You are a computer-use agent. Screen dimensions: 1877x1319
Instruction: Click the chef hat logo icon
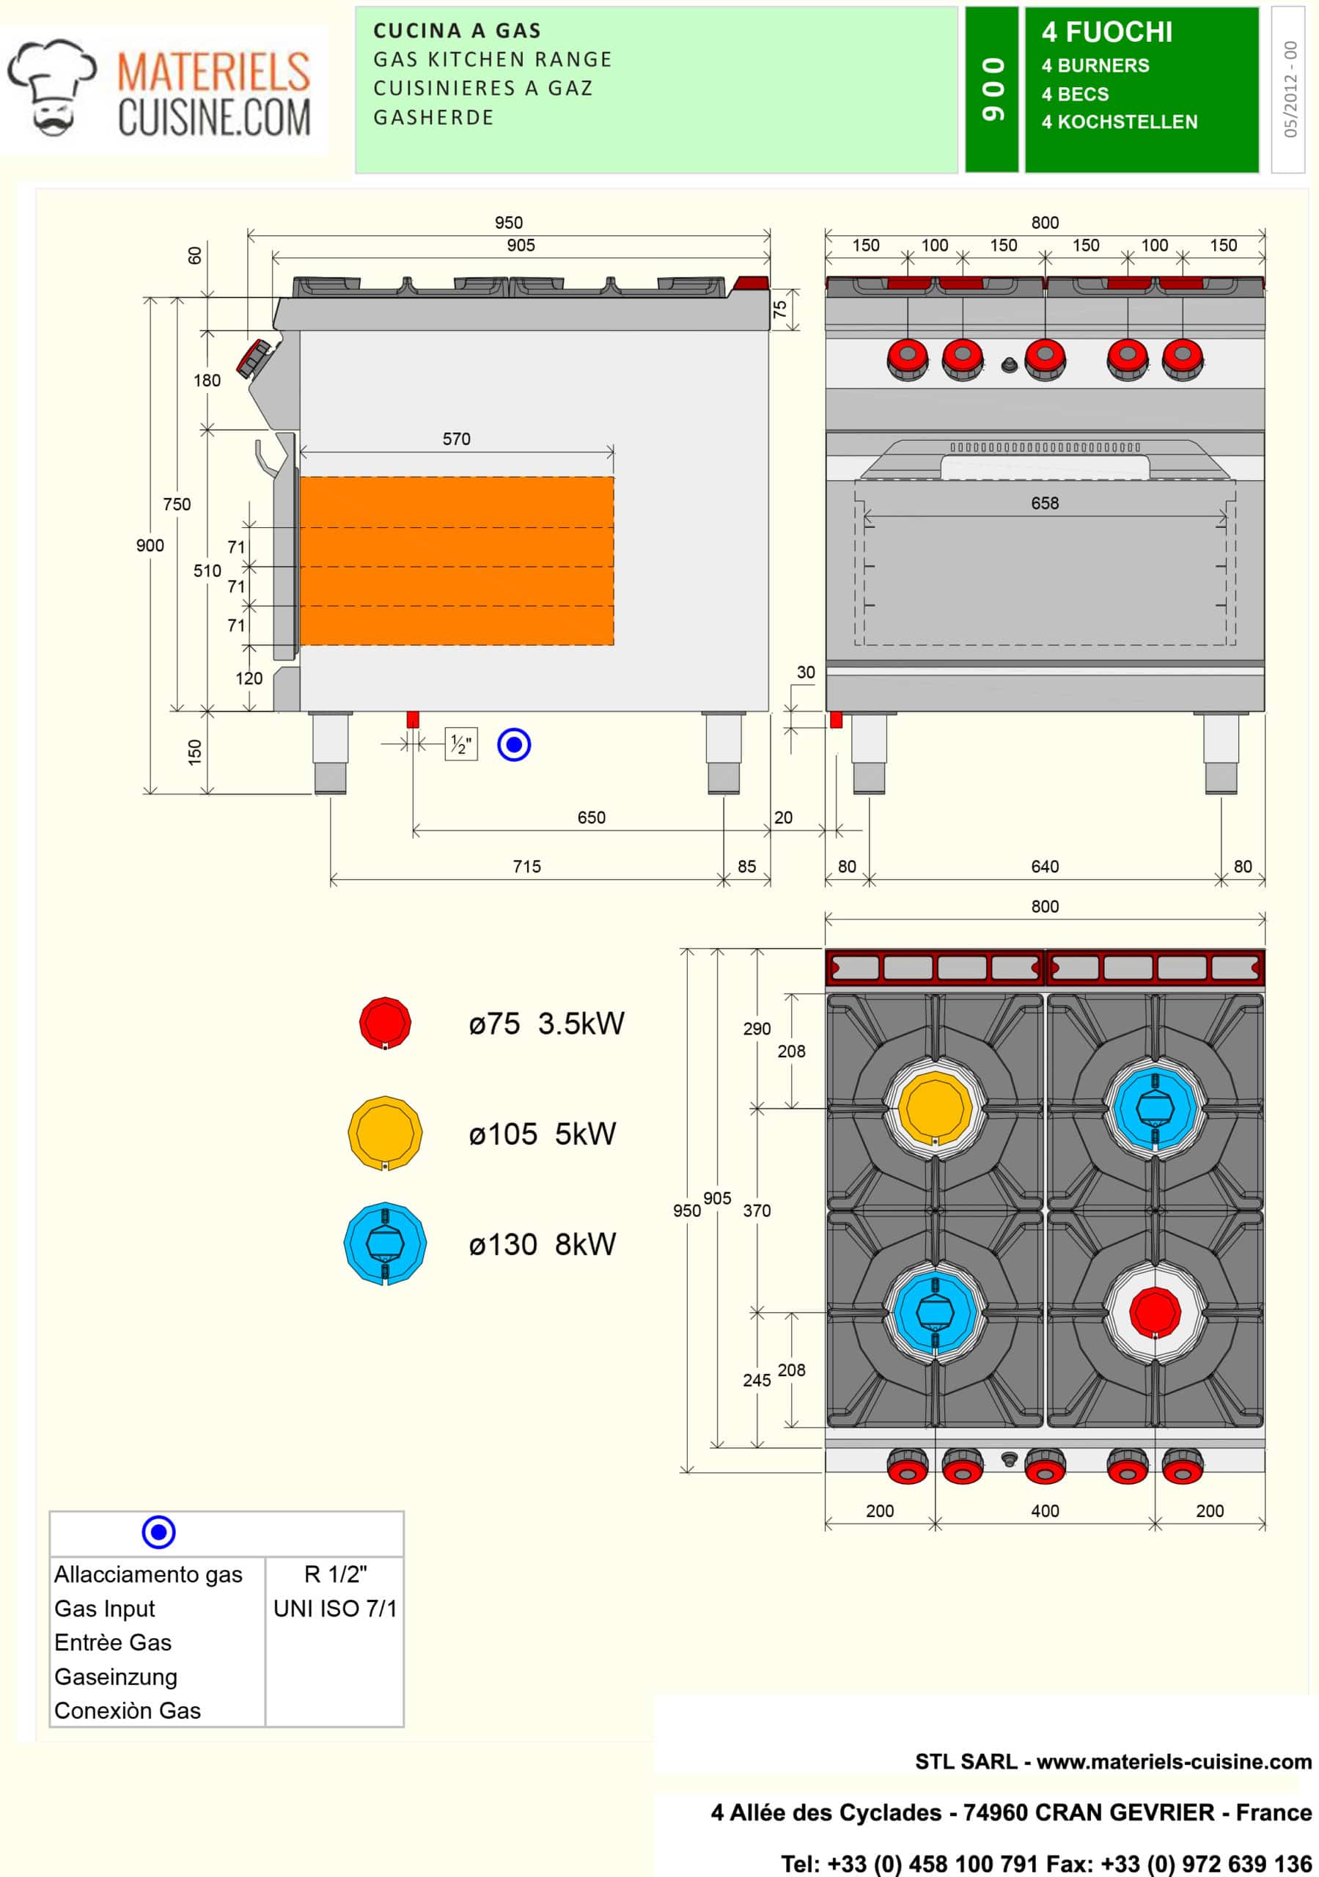(x=51, y=87)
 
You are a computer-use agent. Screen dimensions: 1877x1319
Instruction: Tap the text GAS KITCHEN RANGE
(x=492, y=59)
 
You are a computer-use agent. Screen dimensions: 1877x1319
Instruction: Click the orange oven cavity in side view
(x=456, y=561)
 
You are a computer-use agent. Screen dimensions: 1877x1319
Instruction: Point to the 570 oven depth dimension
(x=456, y=439)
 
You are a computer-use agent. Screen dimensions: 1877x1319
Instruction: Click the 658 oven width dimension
(x=1044, y=503)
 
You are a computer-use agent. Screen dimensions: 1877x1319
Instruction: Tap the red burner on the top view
(x=1154, y=1312)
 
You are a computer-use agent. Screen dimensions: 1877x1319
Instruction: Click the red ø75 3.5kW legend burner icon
(x=385, y=1022)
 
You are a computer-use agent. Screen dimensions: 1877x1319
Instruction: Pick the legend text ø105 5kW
(x=542, y=1134)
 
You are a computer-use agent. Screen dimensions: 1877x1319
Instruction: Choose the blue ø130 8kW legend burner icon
(x=385, y=1244)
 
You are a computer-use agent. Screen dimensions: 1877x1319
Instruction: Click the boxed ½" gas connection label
(x=461, y=744)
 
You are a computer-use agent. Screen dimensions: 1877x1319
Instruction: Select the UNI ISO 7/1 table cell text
(x=335, y=1608)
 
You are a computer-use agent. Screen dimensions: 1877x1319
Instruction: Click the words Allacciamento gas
(x=148, y=1573)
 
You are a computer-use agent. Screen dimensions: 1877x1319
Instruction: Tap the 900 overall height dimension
(x=150, y=546)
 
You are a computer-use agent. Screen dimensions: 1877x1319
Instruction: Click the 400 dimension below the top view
(x=1044, y=1510)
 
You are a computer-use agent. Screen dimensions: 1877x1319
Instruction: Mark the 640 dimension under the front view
(x=1044, y=867)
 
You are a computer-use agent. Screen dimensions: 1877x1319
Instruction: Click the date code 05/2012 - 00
(x=1290, y=89)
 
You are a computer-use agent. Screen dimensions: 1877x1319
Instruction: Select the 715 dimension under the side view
(x=526, y=867)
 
